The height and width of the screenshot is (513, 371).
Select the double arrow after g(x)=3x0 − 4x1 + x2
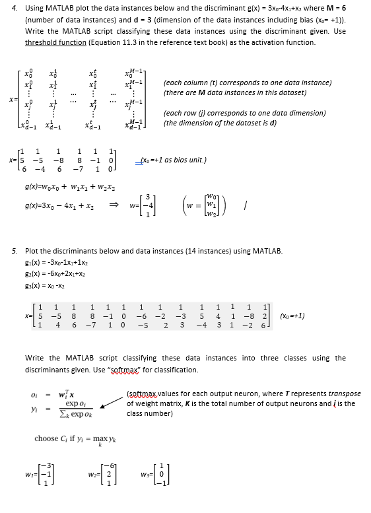133,206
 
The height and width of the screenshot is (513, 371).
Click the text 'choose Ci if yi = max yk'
81,438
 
